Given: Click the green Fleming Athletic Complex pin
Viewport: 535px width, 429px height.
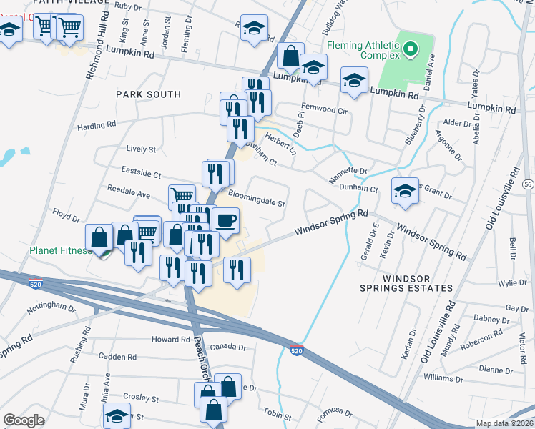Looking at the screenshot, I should coord(410,49).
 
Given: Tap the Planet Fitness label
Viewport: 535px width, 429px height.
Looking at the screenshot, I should coord(60,251).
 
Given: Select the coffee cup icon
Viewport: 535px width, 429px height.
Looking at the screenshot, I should coord(226,220).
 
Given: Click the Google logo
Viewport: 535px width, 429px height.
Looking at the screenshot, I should coord(24,420).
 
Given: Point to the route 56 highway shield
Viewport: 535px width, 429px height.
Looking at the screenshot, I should coord(516,174).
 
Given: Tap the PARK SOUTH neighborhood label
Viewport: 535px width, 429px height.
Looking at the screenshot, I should coord(149,94).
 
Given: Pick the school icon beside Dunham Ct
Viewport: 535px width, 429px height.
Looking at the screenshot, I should coord(405,192).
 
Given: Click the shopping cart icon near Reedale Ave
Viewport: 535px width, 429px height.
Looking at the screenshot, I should coord(182,196).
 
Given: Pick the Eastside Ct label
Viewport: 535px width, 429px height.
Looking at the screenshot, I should coord(142,174).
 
